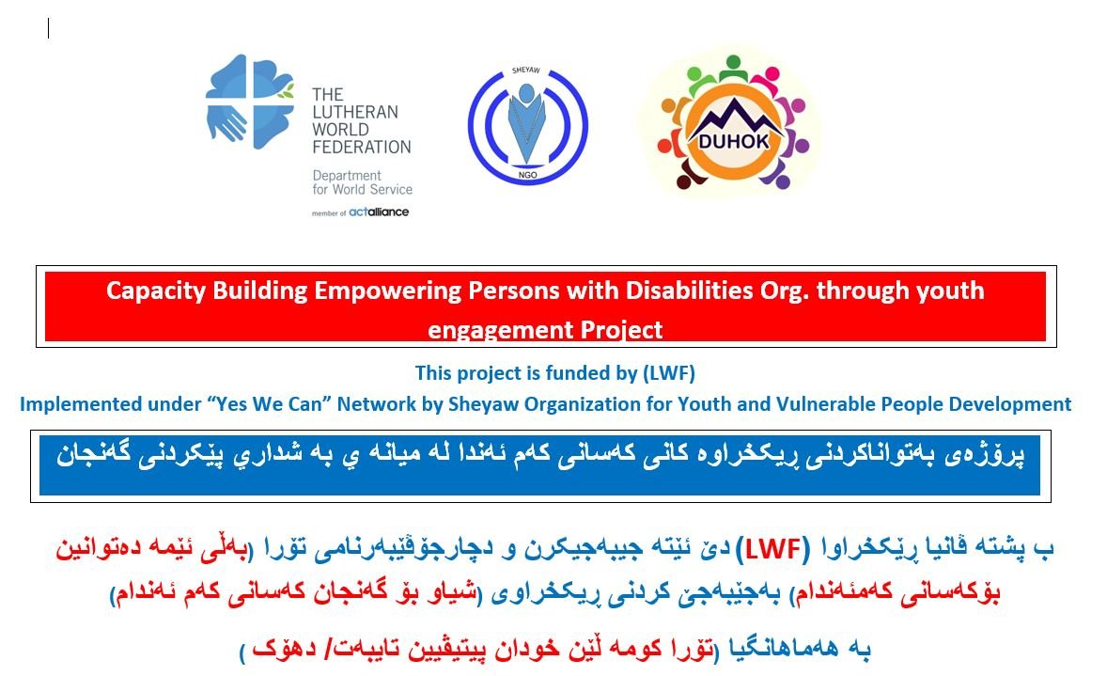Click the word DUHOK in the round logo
734,141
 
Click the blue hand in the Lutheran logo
226,122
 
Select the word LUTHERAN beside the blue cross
355,112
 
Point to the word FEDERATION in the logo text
362,147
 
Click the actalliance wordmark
379,212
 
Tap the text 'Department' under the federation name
347,176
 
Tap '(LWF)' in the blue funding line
668,373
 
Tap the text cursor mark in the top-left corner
48,28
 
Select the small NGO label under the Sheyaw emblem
527,175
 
